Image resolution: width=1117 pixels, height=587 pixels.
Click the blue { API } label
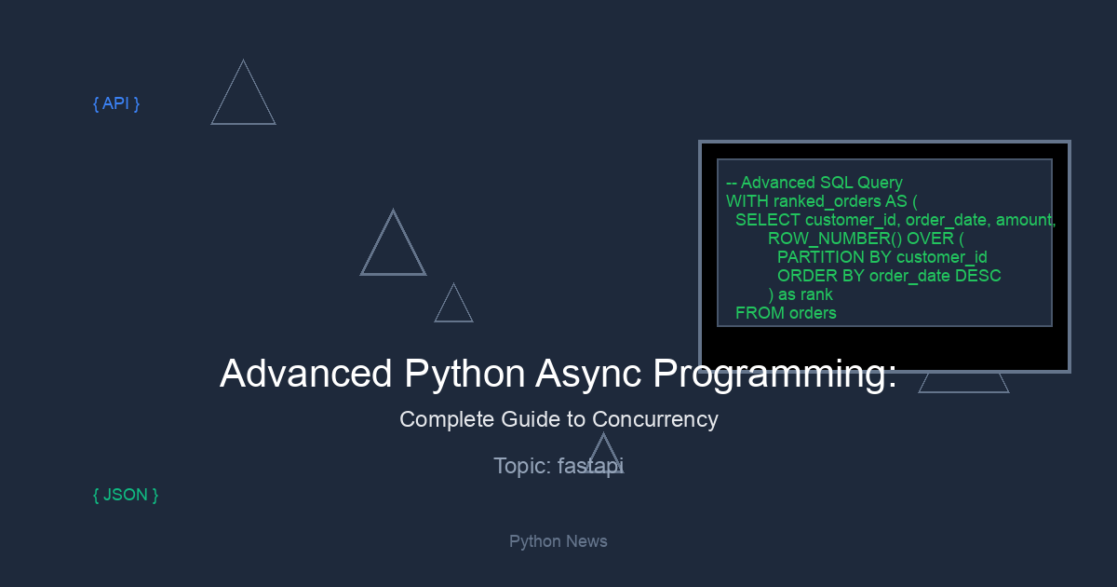point(116,103)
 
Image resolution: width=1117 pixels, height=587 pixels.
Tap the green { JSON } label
point(126,495)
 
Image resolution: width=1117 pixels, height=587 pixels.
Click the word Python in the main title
point(464,375)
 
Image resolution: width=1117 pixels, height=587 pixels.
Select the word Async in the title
point(588,375)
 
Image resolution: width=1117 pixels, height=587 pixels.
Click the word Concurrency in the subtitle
point(654,419)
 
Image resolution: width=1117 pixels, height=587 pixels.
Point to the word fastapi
point(590,466)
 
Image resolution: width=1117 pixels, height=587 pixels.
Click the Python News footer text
point(558,541)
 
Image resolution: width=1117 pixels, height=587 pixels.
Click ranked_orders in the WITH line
point(827,201)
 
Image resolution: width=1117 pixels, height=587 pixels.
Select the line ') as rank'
point(801,294)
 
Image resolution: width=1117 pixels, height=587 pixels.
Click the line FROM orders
point(786,313)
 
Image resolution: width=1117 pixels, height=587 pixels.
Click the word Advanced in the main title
point(305,375)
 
